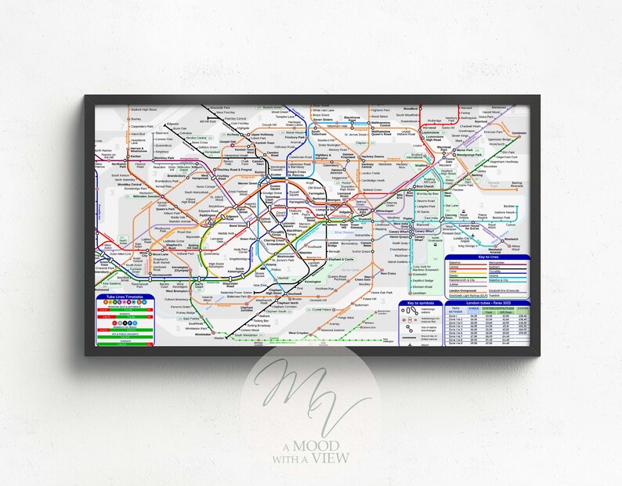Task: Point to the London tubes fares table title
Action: coord(483,302)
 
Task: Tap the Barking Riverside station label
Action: coord(516,185)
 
